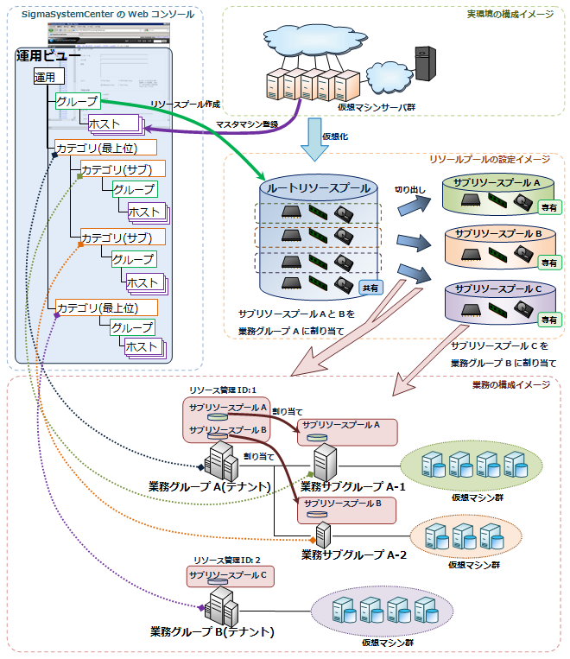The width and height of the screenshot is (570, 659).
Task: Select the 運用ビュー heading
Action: click(48, 57)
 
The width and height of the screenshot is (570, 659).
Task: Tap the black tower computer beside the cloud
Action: click(423, 67)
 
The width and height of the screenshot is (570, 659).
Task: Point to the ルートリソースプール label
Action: click(319, 187)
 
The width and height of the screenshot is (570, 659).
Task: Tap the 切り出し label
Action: click(411, 188)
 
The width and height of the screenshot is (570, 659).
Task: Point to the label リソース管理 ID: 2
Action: click(227, 561)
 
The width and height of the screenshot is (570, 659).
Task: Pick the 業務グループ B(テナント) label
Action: click(212, 631)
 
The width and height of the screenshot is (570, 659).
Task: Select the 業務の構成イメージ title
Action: click(511, 384)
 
